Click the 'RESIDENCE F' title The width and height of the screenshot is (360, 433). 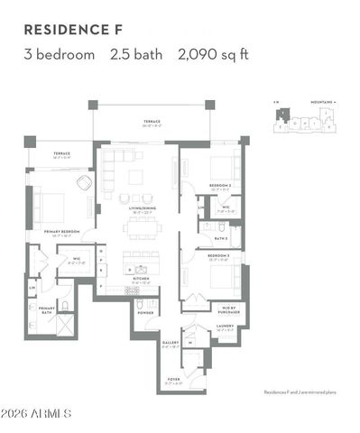click(71, 29)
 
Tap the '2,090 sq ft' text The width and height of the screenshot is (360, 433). click(214, 54)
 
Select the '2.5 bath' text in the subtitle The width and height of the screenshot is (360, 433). click(135, 54)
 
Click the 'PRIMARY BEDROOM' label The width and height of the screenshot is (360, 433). click(63, 232)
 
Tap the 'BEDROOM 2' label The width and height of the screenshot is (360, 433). click(221, 187)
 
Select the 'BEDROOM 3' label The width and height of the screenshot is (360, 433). click(219, 256)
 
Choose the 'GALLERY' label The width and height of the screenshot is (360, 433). click(170, 343)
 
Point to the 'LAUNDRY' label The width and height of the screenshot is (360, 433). click(225, 326)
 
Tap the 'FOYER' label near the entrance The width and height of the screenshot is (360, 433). click(175, 381)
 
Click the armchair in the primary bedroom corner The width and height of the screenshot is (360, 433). click(84, 182)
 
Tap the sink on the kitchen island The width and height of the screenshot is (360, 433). click(141, 269)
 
